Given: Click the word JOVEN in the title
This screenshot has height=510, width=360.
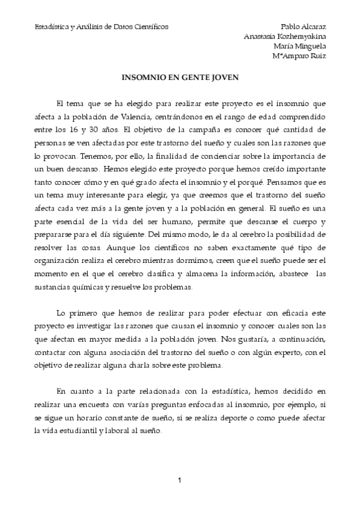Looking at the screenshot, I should pos(223,78).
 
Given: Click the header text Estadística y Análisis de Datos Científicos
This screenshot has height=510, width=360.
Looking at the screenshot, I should pos(102,27).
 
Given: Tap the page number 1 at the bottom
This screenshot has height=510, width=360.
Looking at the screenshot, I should pos(179,481).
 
